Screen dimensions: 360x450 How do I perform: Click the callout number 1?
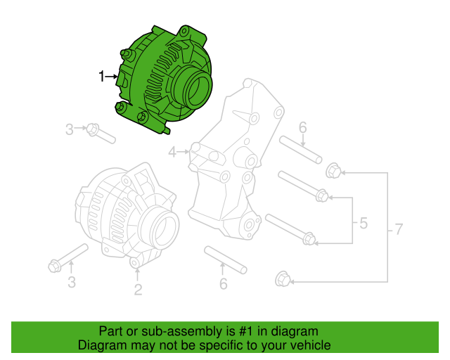click(101, 76)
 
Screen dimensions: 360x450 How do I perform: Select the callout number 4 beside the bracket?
click(172, 151)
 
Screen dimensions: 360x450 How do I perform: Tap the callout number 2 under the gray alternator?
click(138, 288)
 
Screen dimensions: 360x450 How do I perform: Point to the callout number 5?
click(363, 224)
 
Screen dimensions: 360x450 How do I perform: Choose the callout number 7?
click(399, 229)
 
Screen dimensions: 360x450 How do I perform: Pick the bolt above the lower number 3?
click(67, 257)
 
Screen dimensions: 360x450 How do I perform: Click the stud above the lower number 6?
click(225, 259)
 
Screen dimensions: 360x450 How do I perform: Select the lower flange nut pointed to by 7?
click(281, 279)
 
